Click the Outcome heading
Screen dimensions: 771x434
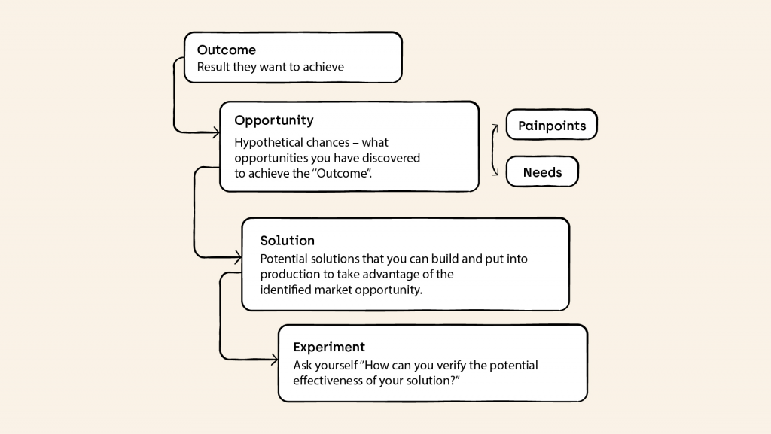226,50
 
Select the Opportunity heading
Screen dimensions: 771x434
274,121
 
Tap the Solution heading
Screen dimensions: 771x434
287,241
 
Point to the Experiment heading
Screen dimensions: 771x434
329,348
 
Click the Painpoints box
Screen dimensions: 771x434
552,125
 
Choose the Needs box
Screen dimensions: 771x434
542,171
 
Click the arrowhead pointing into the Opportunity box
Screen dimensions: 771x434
216,132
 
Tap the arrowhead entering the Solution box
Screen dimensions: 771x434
238,256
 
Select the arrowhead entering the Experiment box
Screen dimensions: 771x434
274,360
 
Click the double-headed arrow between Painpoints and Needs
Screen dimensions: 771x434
492,150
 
